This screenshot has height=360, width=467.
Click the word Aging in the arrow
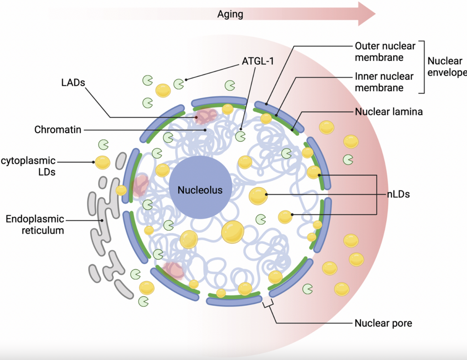tap(230, 14)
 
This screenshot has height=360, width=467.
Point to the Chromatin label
tap(57, 130)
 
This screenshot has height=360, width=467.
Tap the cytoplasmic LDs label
tap(28, 166)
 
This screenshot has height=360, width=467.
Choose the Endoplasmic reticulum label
tap(35, 225)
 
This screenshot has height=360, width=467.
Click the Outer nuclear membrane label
tap(385, 51)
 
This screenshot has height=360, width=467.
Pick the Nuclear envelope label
tap(446, 67)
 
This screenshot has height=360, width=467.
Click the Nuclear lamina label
tap(389, 112)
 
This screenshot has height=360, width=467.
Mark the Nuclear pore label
tap(383, 324)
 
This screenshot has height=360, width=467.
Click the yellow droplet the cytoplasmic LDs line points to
tap(102, 162)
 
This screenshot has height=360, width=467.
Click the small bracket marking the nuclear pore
tap(268, 303)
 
